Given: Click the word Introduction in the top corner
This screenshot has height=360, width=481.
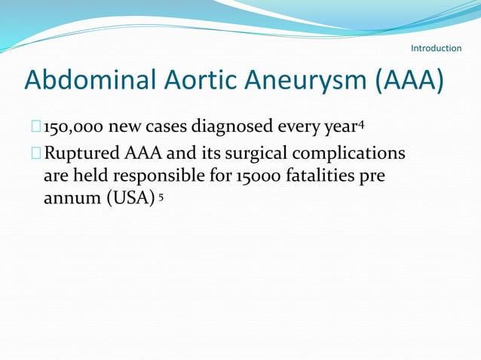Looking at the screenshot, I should click(436, 48).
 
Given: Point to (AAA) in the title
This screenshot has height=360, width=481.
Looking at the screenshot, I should click(405, 80).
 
